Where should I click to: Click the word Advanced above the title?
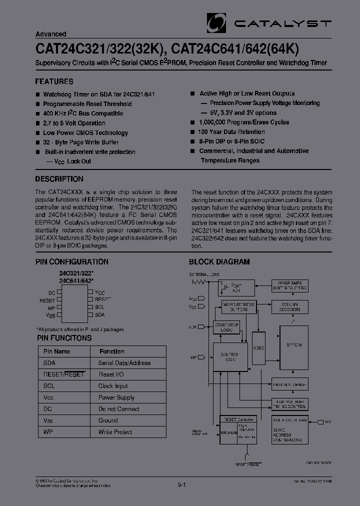click(50, 34)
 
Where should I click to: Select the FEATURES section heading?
click(54, 81)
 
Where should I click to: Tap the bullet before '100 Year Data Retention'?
click(192, 131)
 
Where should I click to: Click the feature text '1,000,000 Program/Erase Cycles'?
click(244, 122)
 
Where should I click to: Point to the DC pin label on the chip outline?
click(52, 292)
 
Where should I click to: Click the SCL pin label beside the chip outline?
click(99, 307)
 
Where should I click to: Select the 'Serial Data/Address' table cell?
click(124, 363)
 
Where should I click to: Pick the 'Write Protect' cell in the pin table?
click(115, 432)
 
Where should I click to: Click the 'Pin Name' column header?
click(57, 351)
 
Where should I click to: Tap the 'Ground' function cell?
click(108, 420)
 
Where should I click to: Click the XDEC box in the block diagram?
click(258, 347)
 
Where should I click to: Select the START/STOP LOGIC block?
click(226, 327)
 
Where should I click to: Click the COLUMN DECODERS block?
click(289, 306)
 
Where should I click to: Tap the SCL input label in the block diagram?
click(327, 422)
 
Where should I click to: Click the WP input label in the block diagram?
click(192, 357)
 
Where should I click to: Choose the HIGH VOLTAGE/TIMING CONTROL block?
click(290, 404)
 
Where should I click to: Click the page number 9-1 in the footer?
click(182, 484)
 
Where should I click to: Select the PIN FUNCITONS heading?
click(63, 338)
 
